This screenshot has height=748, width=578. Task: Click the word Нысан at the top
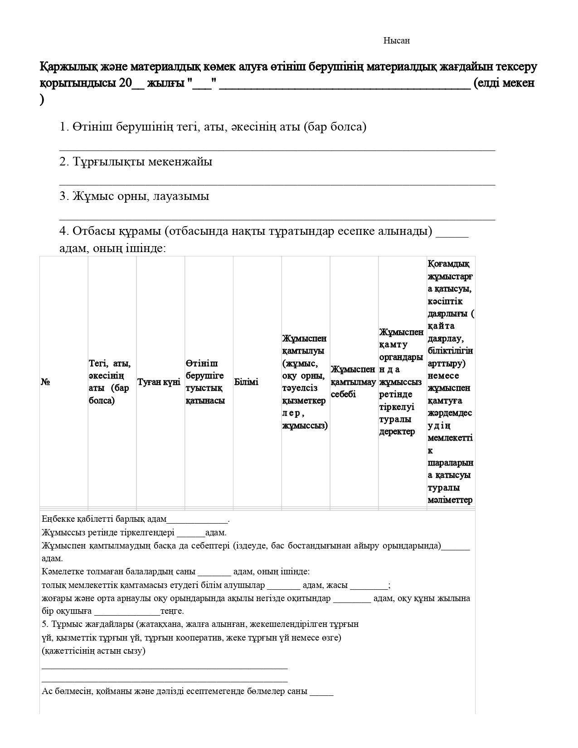click(396, 41)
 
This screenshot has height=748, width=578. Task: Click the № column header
click(45, 382)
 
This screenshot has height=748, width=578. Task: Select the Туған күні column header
click(159, 382)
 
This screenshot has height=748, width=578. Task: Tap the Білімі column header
click(246, 382)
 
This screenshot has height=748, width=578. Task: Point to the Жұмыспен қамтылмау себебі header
click(353, 382)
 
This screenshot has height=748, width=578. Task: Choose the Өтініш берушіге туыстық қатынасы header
click(205, 382)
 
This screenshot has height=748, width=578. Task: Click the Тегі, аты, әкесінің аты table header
click(110, 382)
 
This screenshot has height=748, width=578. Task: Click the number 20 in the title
click(125, 83)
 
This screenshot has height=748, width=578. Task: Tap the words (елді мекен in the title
click(504, 83)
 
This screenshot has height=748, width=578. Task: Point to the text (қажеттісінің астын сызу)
click(94, 651)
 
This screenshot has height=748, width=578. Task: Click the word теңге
click(172, 611)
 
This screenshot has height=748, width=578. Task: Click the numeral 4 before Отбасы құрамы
click(63, 231)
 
